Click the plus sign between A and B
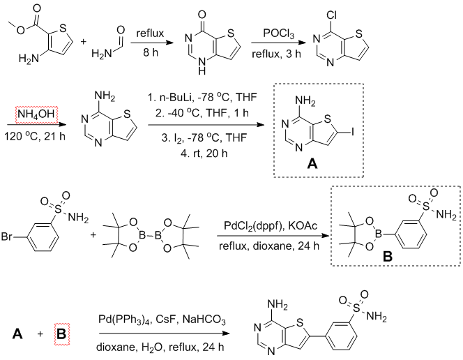39,336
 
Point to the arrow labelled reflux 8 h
146,46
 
